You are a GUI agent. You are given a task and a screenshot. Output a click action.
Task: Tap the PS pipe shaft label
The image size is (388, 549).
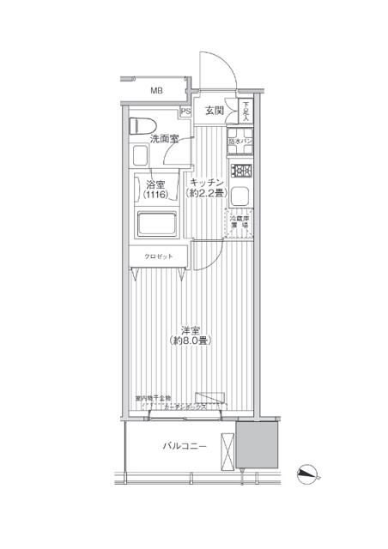point(185,111)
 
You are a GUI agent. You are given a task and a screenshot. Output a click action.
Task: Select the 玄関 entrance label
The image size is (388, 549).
point(215,110)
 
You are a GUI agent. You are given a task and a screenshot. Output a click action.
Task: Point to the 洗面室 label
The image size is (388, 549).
point(163,138)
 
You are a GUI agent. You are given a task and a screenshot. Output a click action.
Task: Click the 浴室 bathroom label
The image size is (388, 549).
point(155,184)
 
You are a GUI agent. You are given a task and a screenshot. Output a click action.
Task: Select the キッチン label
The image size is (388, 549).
point(207,182)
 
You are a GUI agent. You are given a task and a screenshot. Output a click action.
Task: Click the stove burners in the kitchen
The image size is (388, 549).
point(241,170)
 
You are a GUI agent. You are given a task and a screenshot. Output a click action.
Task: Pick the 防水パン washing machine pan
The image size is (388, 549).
point(241,142)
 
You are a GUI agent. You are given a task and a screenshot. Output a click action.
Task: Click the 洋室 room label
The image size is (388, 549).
point(191,329)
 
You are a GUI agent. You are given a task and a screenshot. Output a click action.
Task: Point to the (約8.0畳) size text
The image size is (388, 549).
point(191,341)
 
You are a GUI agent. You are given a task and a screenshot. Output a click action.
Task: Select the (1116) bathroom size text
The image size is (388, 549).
point(155,196)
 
